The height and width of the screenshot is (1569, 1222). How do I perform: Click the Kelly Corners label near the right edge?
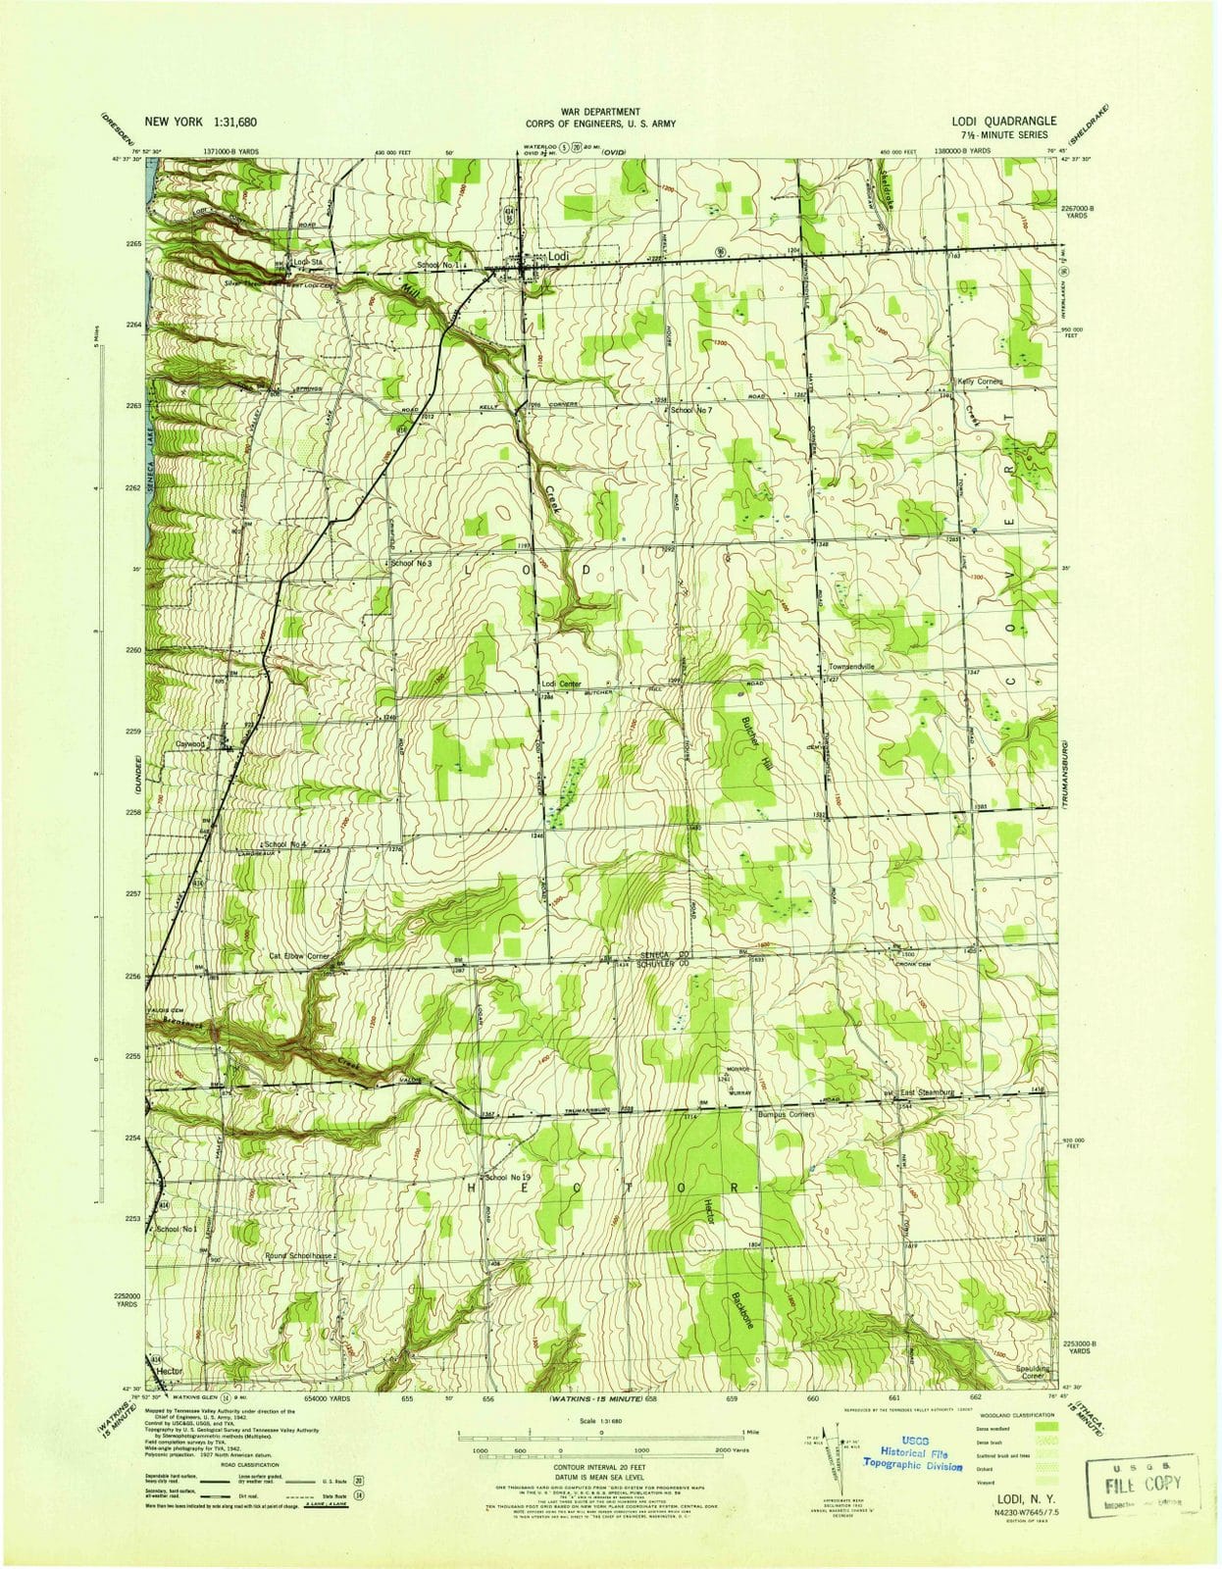pos(985,380)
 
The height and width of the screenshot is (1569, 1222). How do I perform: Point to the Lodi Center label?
pos(561,683)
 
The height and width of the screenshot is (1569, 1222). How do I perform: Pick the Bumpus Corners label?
pos(787,1114)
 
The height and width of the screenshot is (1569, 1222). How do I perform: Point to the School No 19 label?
pos(506,1176)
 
